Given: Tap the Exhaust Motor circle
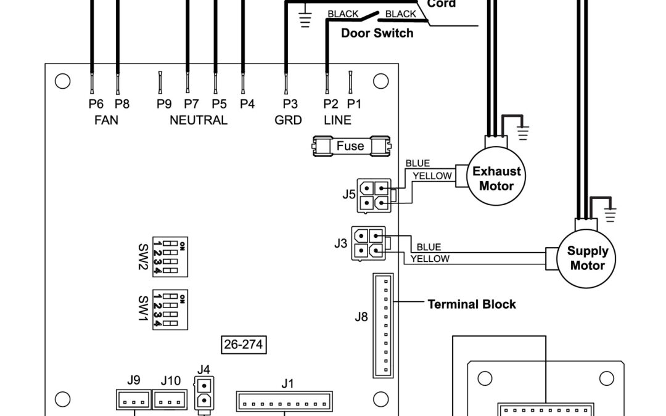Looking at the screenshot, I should (496, 179).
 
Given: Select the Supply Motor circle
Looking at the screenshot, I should (587, 258).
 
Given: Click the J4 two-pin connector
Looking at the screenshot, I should (203, 394).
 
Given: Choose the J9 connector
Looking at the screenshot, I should (133, 401).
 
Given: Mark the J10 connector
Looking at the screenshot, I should (170, 401).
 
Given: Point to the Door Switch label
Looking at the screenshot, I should (377, 33).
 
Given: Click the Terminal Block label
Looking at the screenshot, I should (472, 304).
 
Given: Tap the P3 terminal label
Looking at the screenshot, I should (289, 104).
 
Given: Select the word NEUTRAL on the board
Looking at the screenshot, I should (199, 120).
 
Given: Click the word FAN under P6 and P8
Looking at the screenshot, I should (106, 120).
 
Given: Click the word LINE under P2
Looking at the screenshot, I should (337, 120).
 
